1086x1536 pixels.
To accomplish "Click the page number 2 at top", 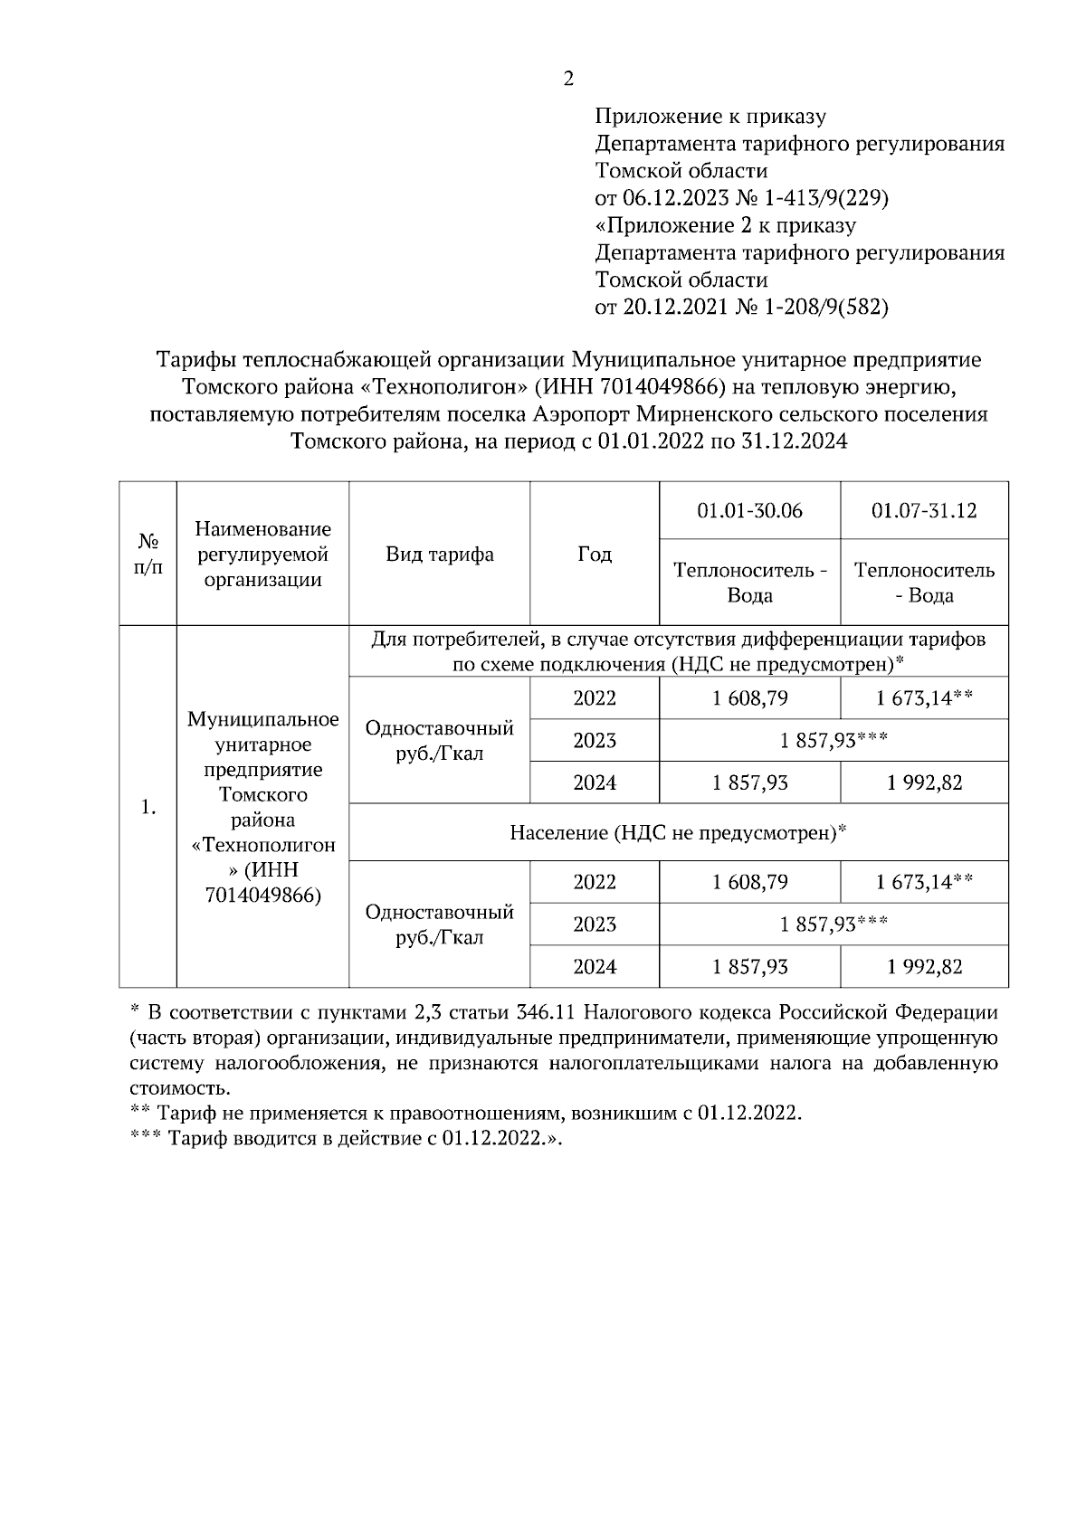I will click(568, 80).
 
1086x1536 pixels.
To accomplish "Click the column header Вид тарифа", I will click(440, 555).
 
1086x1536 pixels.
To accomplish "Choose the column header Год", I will click(595, 555).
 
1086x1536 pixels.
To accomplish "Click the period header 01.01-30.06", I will click(749, 511).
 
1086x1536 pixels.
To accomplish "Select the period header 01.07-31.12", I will click(924, 511).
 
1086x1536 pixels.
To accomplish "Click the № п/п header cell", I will click(148, 555).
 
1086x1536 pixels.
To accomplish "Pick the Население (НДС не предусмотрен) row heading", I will click(678, 832).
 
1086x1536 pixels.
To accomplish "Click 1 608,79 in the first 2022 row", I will click(749, 698).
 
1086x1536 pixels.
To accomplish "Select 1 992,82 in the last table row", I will click(924, 967).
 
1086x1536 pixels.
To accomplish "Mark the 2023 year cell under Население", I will click(595, 924).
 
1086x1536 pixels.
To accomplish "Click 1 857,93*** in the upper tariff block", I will click(834, 741).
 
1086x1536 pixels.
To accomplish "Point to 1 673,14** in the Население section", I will click(924, 882).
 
